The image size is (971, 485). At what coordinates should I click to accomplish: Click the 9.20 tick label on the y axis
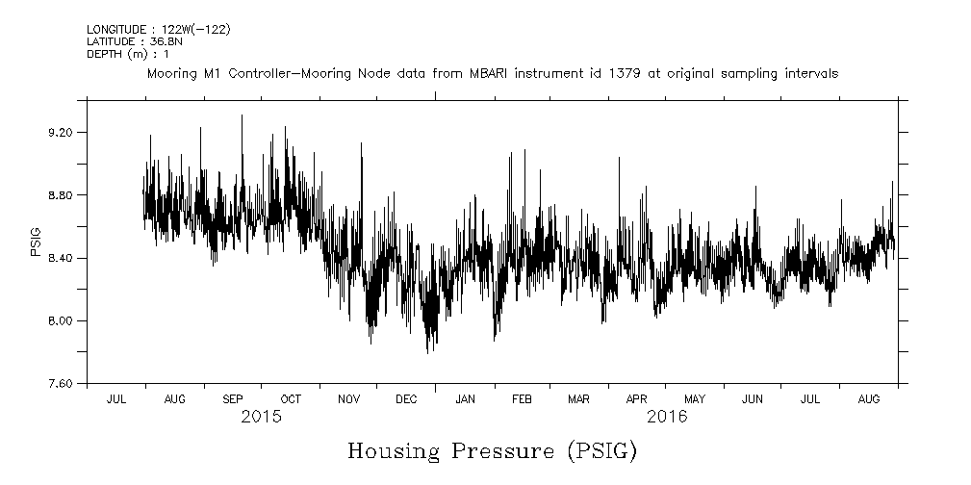click(x=61, y=133)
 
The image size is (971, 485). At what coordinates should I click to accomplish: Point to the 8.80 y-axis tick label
click(x=61, y=195)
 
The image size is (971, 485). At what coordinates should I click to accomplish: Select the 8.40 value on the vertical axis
click(x=61, y=258)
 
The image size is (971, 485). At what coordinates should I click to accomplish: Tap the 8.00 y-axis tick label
click(x=61, y=320)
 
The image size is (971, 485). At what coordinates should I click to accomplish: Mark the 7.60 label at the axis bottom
click(x=61, y=384)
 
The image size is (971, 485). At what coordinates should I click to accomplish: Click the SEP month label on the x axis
click(x=233, y=398)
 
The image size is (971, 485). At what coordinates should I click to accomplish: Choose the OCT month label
click(x=291, y=398)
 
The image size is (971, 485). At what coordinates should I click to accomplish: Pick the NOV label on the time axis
click(x=348, y=398)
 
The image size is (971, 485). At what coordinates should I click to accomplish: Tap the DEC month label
click(x=406, y=398)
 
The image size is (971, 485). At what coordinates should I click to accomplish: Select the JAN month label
click(x=465, y=398)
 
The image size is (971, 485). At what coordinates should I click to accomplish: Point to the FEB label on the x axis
click(x=522, y=398)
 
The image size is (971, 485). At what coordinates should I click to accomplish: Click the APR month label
click(x=636, y=398)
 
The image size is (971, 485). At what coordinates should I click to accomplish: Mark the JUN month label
click(x=753, y=398)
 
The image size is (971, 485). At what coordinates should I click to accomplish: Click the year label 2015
click(x=261, y=418)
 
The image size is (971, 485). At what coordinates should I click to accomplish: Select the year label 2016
click(x=666, y=418)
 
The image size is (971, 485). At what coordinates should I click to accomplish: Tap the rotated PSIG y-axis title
click(x=37, y=242)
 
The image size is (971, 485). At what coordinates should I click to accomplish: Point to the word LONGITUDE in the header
click(x=115, y=30)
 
